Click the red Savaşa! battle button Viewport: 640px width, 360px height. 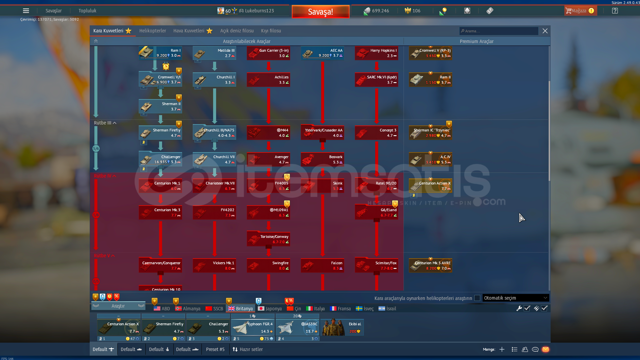tap(320, 12)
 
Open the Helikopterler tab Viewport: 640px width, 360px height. tap(152, 31)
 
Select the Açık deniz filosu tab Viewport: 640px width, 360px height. tap(237, 31)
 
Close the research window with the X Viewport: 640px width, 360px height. tap(545, 31)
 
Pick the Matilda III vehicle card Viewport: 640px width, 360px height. tap(214, 53)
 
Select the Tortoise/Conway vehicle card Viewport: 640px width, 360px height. tap(268, 239)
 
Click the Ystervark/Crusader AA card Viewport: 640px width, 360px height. tap(323, 132)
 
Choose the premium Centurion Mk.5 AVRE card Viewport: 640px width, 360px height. tap(431, 266)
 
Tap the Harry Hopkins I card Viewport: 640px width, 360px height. tap(377, 53)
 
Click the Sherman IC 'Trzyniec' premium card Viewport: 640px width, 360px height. tap(431, 132)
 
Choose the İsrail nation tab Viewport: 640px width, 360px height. tap(388, 309)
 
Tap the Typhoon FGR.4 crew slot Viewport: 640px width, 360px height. tap(252, 327)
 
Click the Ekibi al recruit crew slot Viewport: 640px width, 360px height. tap(342, 327)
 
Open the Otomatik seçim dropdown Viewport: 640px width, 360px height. tap(515, 298)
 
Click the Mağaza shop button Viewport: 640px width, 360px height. tap(580, 11)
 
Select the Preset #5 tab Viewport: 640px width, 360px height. tap(215, 349)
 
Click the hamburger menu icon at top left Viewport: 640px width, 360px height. tap(26, 11)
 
